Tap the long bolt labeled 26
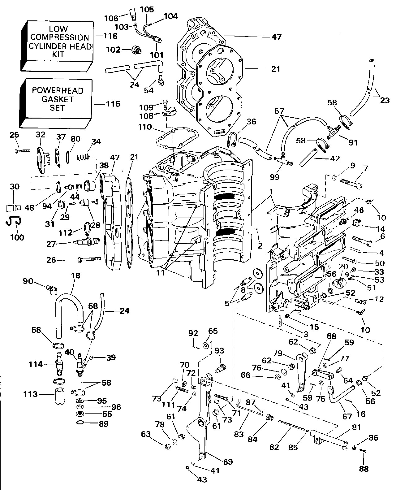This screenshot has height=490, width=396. coord(89,259)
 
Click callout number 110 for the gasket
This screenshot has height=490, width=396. coord(145,127)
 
